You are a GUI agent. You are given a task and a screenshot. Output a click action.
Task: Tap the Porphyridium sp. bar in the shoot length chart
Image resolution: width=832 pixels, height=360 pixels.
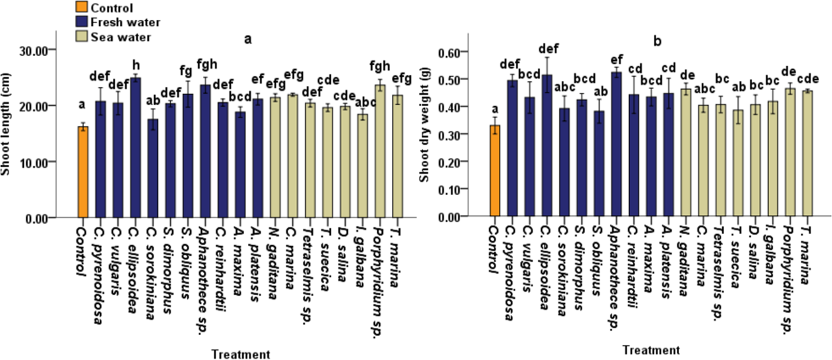pyautogui.click(x=380, y=152)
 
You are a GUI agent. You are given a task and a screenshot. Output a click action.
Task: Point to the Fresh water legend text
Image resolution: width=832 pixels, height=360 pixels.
pyautogui.click(x=125, y=22)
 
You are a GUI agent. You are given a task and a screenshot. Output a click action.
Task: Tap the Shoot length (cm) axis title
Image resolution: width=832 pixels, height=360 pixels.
pyautogui.click(x=6, y=124)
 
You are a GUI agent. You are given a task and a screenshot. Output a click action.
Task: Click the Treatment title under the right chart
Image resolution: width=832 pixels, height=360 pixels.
pyautogui.click(x=651, y=350)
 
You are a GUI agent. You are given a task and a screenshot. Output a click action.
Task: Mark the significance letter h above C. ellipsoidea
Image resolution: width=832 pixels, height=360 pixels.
pyautogui.click(x=135, y=65)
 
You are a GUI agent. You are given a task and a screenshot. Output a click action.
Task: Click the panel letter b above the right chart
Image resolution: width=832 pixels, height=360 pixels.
pyautogui.click(x=657, y=40)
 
